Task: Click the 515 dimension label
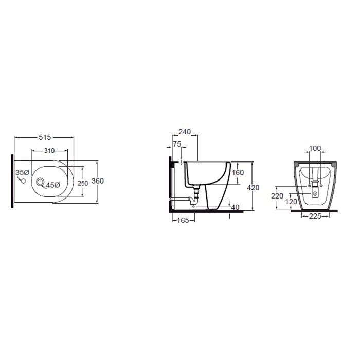click(45, 137)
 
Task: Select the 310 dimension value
click(49, 151)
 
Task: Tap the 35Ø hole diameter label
click(23, 172)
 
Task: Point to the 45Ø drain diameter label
click(53, 185)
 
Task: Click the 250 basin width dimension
click(83, 183)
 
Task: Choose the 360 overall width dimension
click(98, 181)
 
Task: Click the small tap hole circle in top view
click(23, 181)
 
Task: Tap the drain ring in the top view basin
click(40, 182)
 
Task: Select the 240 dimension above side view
click(185, 132)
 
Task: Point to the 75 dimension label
click(177, 144)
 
